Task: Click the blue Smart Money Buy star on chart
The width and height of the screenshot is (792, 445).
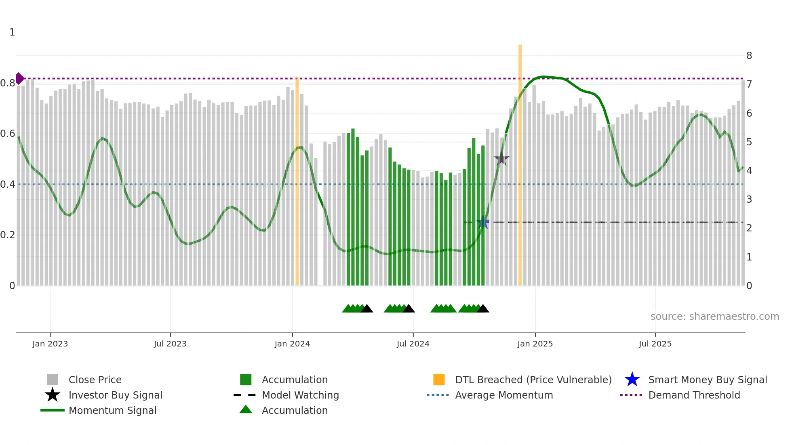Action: [483, 222]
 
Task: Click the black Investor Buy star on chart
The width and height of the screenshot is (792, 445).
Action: [501, 159]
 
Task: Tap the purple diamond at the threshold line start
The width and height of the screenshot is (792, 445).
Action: [19, 78]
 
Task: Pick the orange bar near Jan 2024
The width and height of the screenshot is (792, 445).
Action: [297, 182]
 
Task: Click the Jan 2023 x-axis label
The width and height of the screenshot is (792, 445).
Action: [50, 344]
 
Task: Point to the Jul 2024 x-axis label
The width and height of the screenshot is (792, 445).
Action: [413, 344]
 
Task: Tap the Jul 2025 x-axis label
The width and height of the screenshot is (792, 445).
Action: [655, 344]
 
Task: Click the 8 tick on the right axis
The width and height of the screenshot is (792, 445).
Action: [749, 56]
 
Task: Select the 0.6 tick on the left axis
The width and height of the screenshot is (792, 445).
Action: [7, 134]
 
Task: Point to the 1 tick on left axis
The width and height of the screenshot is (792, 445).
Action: [12, 32]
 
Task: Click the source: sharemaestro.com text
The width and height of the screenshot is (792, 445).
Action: [714, 317]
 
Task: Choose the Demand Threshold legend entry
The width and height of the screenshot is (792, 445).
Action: [694, 395]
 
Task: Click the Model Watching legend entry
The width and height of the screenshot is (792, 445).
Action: [300, 395]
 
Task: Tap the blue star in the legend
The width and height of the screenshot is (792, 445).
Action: [632, 380]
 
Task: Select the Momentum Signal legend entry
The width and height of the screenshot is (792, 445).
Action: [112, 410]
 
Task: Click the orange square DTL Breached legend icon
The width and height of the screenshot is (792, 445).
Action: [439, 380]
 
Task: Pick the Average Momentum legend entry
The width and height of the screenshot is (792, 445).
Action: [503, 395]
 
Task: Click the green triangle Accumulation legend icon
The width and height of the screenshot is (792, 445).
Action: [246, 409]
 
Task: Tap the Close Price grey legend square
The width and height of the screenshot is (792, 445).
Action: [53, 380]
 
